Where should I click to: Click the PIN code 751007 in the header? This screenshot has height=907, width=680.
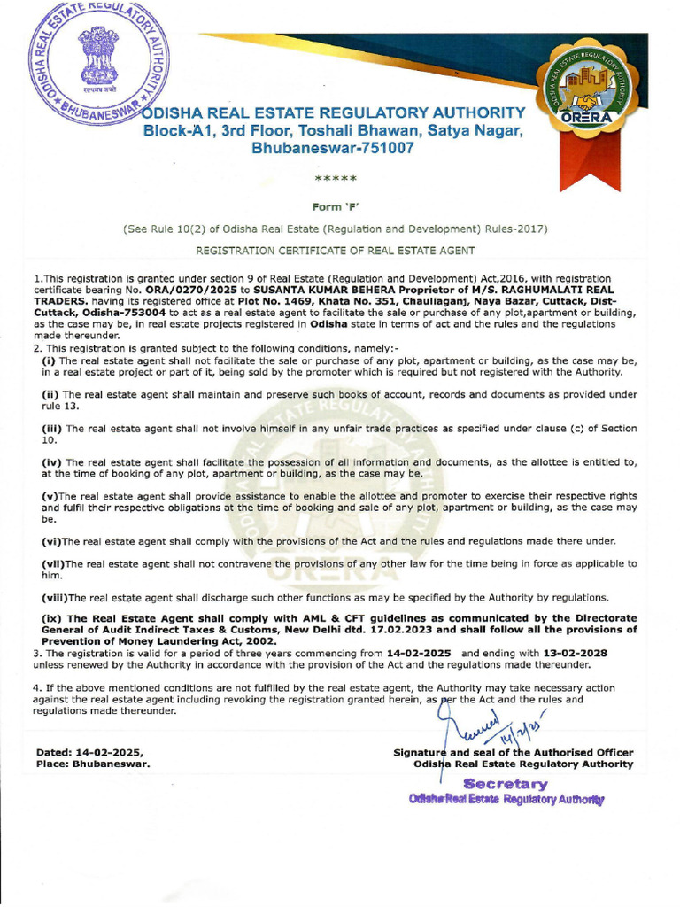tap(379, 148)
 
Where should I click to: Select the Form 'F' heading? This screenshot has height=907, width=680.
tap(336, 205)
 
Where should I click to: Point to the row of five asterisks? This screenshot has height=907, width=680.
tap(336, 179)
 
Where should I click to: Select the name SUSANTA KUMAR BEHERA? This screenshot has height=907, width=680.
tap(322, 290)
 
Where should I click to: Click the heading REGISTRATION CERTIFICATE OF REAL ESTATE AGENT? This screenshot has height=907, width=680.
tap(336, 252)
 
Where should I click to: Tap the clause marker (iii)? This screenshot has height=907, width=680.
tap(52, 428)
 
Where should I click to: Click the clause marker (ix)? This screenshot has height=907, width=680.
tap(52, 618)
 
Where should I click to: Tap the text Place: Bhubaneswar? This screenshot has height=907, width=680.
tap(93, 763)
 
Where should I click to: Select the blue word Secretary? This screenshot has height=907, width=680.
tap(505, 784)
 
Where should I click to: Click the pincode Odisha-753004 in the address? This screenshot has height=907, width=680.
tap(125, 313)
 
